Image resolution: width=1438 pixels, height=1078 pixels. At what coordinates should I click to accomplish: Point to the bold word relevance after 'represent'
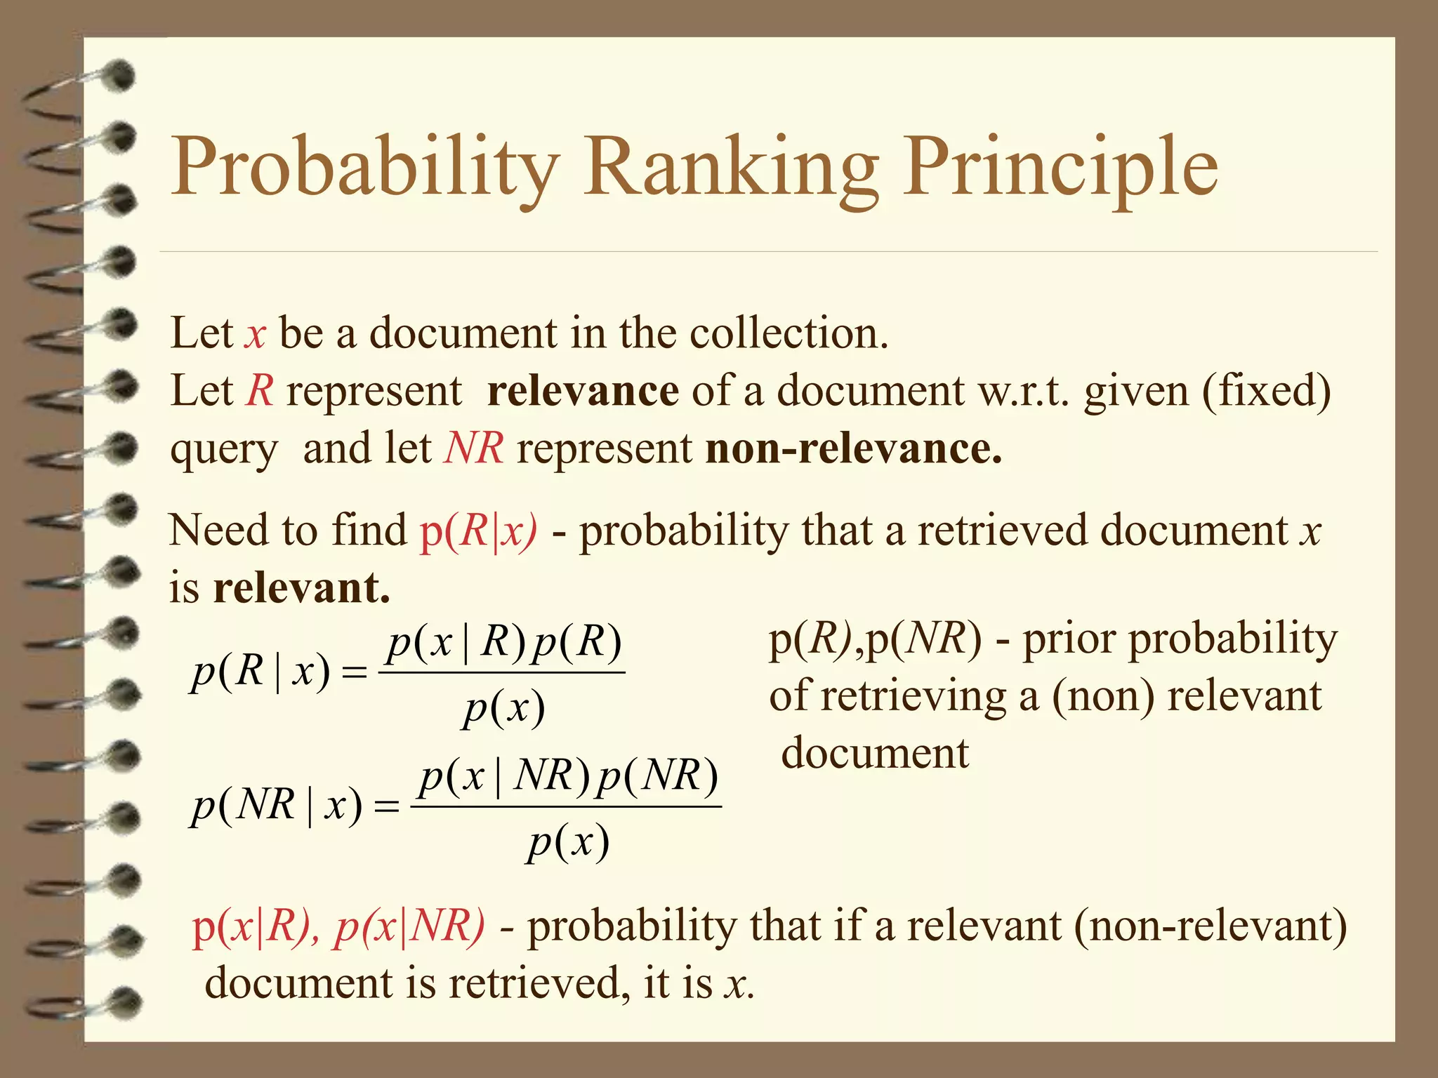(x=583, y=390)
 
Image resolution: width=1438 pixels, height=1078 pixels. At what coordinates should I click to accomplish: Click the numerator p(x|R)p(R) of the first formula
(x=504, y=642)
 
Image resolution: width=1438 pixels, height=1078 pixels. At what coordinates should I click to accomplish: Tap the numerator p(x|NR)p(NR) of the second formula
(x=568, y=776)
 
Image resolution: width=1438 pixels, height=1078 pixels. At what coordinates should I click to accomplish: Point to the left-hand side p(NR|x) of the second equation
(x=277, y=805)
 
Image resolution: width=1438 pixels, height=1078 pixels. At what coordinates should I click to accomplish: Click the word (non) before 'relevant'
(x=1102, y=696)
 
